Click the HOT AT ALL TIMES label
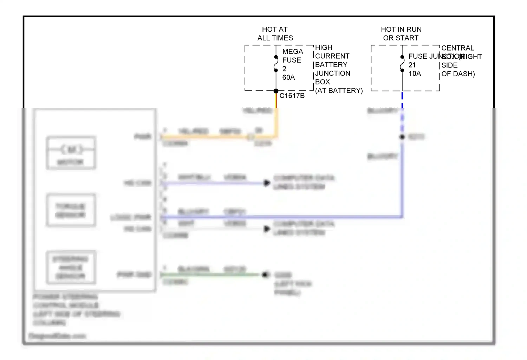click(x=275, y=34)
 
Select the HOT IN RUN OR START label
click(x=401, y=34)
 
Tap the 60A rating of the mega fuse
click(x=288, y=77)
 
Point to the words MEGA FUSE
click(x=292, y=56)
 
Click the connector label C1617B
click(x=292, y=96)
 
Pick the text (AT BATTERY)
click(x=339, y=91)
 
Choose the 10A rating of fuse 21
click(x=415, y=73)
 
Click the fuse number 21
click(x=412, y=65)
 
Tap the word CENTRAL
click(x=457, y=48)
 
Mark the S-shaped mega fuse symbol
click(x=276, y=64)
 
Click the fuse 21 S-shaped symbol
click(x=402, y=64)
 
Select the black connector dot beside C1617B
click(x=276, y=91)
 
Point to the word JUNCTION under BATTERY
click(x=332, y=73)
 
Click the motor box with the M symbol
click(x=71, y=153)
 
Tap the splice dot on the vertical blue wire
click(x=402, y=137)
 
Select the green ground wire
click(x=211, y=275)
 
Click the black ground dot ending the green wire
click(x=265, y=275)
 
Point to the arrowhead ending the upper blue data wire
click(x=267, y=183)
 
